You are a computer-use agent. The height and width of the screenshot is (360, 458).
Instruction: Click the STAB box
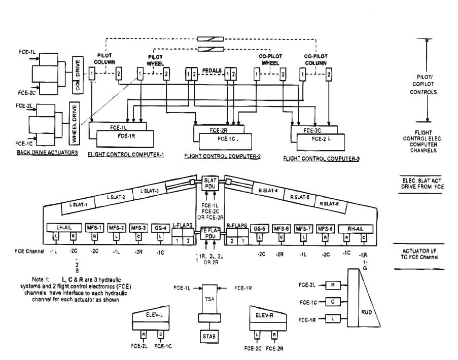coord(208,336)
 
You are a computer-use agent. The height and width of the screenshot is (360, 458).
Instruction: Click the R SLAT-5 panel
coord(299,197)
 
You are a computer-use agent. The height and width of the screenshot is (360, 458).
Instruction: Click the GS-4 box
coord(160,228)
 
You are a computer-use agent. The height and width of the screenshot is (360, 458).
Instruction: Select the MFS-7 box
coord(303,228)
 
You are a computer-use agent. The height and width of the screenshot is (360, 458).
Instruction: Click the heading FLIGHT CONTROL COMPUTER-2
coord(223,157)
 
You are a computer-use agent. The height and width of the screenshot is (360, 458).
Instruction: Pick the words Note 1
coord(42,280)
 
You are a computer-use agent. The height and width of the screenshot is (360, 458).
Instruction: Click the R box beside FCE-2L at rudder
coord(332,285)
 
